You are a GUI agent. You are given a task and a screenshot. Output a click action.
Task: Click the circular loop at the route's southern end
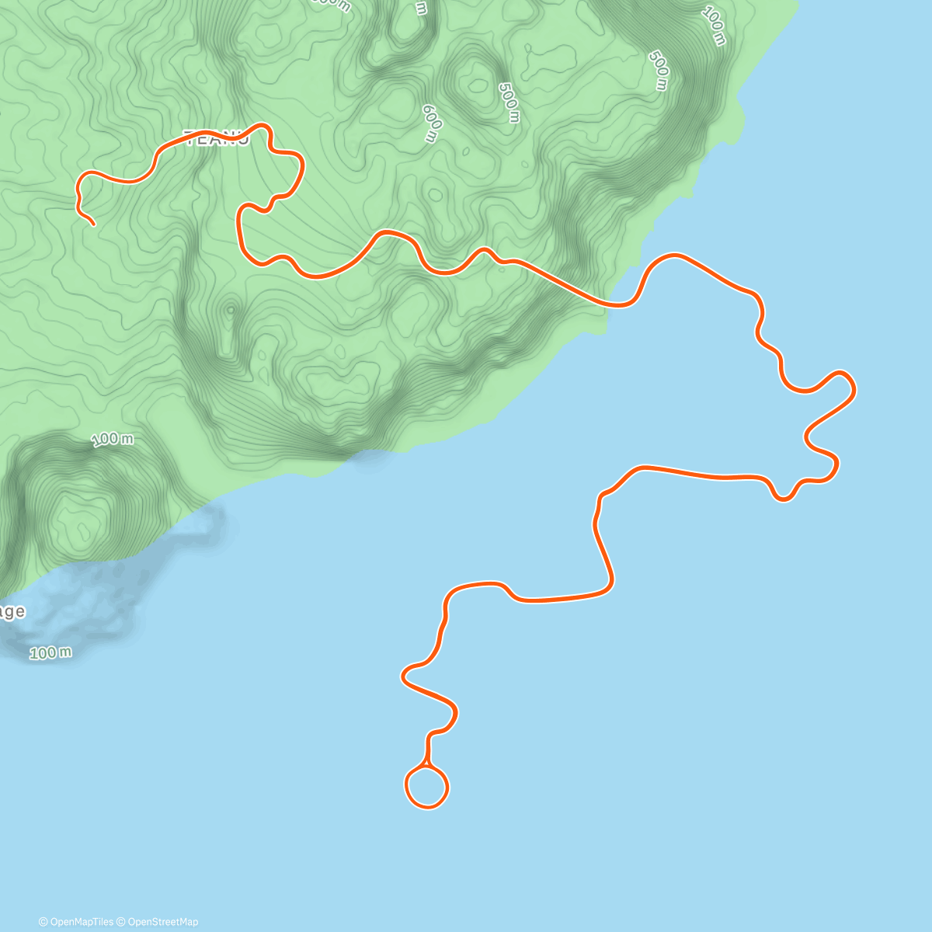coord(426,788)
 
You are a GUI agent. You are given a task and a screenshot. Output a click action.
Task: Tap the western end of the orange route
coord(93,224)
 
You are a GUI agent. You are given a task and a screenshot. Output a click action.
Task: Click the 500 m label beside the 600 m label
coord(509,102)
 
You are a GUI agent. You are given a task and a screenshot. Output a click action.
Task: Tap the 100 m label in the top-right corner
coord(714,26)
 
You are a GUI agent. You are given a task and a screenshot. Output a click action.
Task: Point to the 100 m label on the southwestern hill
coord(113,440)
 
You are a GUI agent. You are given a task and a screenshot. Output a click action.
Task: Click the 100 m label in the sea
coord(51,652)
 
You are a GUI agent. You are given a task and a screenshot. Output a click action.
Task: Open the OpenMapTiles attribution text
coord(82,922)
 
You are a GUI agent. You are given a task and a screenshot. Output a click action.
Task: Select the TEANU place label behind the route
coord(215,139)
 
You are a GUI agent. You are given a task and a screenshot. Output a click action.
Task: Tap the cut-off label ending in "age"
coord(12,612)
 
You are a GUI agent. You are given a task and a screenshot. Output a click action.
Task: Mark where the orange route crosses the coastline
coord(609,304)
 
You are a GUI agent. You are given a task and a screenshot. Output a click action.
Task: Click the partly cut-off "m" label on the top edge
coord(420,8)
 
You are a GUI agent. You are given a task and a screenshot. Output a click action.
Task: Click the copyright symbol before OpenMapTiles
coord(43,922)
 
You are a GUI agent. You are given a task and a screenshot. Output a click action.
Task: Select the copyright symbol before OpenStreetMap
coord(120,922)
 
